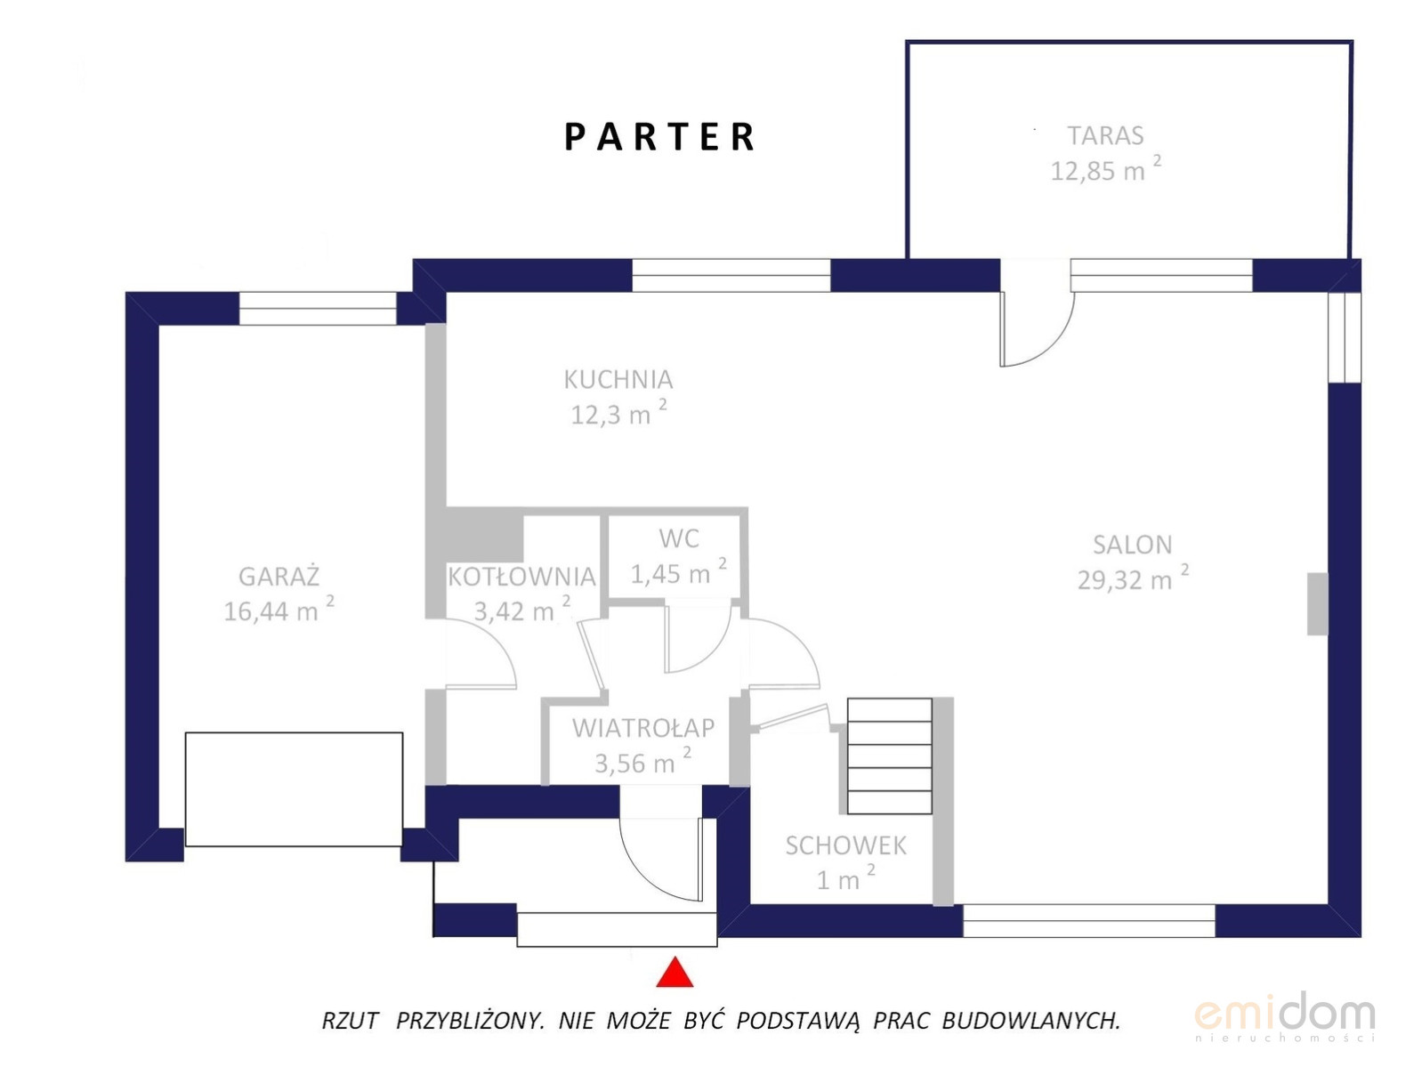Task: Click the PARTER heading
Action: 658,137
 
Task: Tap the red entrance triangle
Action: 675,972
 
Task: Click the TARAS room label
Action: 1105,135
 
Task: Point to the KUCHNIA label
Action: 618,380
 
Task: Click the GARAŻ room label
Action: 279,577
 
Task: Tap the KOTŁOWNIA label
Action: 521,577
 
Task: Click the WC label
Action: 678,538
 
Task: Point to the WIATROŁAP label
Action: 643,728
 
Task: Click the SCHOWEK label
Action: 846,845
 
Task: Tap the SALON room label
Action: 1133,545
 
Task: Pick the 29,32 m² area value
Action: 1133,578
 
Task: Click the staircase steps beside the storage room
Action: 890,756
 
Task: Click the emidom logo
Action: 1285,1015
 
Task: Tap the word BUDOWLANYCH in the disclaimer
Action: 1030,1021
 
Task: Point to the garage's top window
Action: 318,309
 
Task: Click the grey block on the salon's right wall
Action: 1317,603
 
